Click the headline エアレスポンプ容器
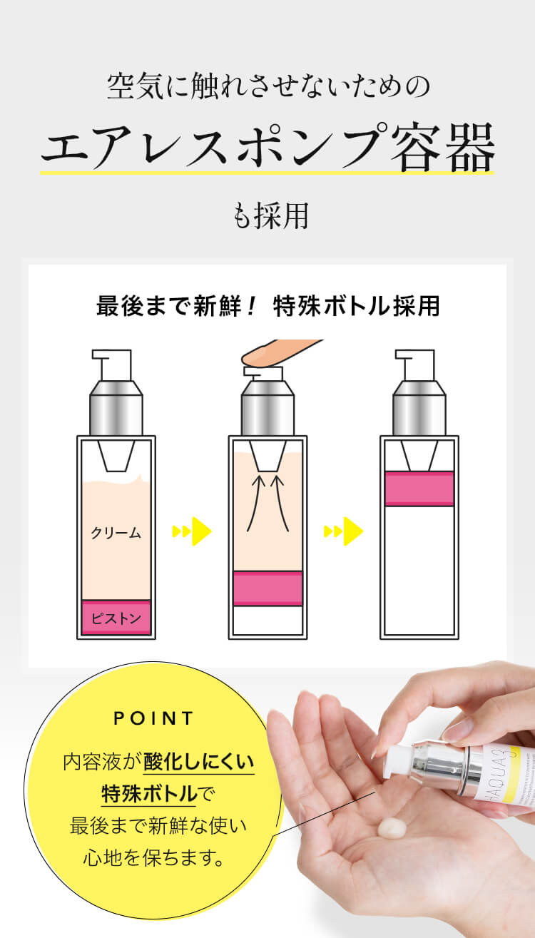(267, 147)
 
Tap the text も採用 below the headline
(271, 215)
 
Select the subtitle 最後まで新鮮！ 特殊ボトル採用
(268, 306)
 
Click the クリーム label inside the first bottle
(116, 533)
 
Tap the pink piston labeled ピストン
(116, 618)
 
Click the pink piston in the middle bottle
(267, 588)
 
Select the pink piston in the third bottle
(419, 489)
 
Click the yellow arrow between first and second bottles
(192, 531)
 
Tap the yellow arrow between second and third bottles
(343, 531)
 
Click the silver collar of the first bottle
(116, 407)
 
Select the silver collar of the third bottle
(419, 407)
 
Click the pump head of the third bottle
(415, 365)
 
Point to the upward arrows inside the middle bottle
(267, 503)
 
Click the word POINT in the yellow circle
(153, 718)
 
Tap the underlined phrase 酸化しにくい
(199, 762)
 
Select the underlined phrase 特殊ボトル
(149, 793)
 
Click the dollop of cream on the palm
(392, 829)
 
